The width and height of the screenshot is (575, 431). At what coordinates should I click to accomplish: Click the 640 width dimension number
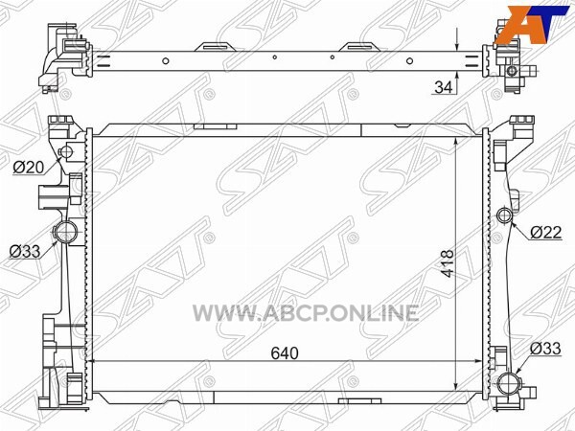tap(285, 352)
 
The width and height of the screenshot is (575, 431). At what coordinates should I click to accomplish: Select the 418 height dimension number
tap(447, 263)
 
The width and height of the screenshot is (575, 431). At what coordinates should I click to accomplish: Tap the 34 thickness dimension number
tap(444, 87)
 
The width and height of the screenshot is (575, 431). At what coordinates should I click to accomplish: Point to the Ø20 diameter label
tap(28, 168)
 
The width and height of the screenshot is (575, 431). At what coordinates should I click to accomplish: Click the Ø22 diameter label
tap(546, 232)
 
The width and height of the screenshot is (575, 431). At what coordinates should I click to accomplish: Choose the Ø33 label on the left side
tap(25, 251)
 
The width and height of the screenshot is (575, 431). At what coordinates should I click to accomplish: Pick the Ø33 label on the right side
tap(545, 349)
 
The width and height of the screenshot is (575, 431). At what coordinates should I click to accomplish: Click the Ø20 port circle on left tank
tap(66, 151)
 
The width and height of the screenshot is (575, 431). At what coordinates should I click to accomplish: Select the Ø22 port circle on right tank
tap(504, 215)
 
